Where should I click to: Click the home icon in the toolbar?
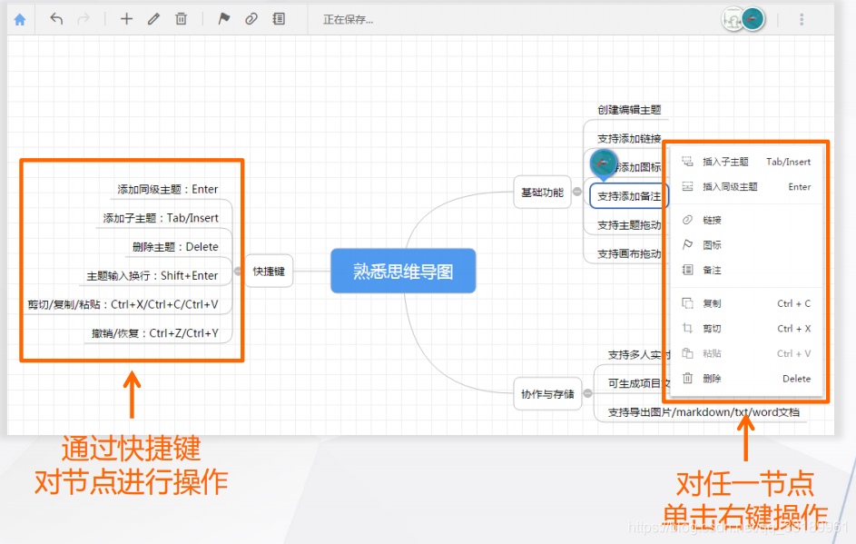20,19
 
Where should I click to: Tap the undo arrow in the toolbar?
56,19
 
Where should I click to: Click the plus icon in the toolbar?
126,19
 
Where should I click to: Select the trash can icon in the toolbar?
181,19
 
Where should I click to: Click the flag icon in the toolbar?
223,19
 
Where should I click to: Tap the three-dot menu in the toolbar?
802,19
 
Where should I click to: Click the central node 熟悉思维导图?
403,271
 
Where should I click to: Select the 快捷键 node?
269,271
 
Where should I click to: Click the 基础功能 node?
541,193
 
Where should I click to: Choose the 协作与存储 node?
547,394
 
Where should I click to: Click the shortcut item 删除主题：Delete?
175,246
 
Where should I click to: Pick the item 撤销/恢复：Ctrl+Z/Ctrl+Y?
155,333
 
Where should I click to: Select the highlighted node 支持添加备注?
629,196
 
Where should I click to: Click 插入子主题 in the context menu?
725,162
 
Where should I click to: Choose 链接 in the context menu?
713,220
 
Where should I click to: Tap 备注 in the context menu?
713,270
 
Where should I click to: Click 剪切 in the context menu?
713,329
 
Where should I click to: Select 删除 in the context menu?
713,379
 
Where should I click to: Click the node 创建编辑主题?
629,110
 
